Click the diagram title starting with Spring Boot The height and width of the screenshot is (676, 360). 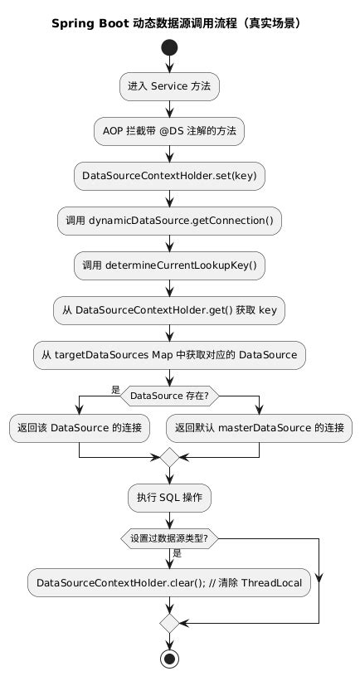[x=176, y=23]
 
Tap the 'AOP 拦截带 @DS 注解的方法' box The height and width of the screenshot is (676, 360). [x=170, y=131]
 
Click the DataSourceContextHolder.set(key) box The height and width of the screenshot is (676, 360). [x=170, y=175]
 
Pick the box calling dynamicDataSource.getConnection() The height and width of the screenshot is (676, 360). [x=170, y=221]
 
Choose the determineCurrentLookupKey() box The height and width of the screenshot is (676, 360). [x=170, y=265]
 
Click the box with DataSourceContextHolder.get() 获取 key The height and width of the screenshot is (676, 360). [x=170, y=309]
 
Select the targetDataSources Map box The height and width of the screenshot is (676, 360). [x=170, y=354]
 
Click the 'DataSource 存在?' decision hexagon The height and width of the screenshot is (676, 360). [x=170, y=396]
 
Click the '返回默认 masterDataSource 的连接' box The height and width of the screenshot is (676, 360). [x=260, y=429]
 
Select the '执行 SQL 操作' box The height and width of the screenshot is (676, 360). [x=170, y=498]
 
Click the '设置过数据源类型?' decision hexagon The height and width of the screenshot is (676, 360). [x=170, y=537]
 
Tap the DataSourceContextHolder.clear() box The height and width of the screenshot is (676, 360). [x=170, y=582]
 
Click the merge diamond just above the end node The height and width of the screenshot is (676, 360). [x=170, y=622]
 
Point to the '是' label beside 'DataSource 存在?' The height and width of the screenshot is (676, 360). [x=115, y=389]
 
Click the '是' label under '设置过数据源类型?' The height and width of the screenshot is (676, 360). [x=178, y=553]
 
